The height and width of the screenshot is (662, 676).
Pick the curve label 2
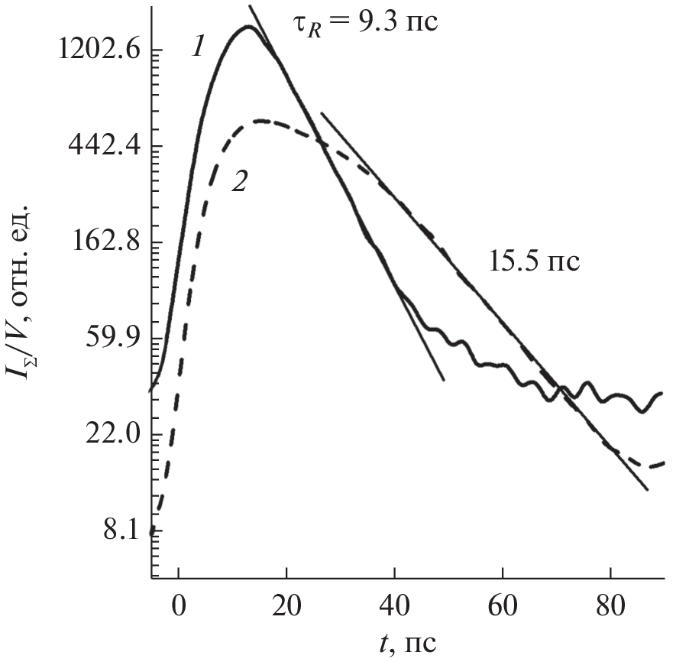pyautogui.click(x=239, y=182)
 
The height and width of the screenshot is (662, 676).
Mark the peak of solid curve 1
pyautogui.click(x=248, y=27)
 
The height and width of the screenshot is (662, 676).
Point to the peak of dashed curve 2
pyautogui.click(x=262, y=121)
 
